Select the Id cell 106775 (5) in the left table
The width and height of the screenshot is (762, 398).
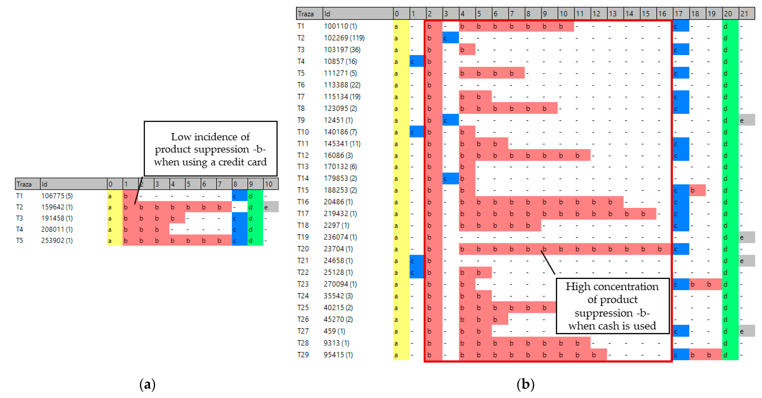(x=57, y=196)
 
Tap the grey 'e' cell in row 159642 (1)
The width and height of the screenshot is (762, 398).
(x=270, y=207)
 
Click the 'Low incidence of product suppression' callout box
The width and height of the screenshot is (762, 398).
(x=210, y=149)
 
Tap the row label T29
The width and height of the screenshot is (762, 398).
(x=303, y=355)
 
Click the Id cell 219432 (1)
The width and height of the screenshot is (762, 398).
(x=340, y=214)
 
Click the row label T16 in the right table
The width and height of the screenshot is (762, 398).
(x=303, y=202)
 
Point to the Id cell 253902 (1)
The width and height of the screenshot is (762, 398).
(x=57, y=240)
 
